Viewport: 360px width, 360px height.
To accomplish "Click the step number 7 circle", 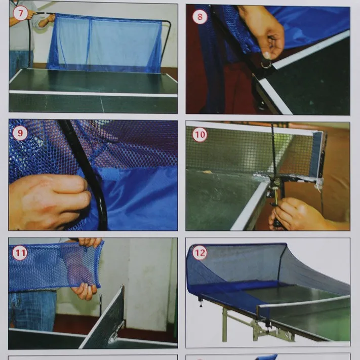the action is point(20,13).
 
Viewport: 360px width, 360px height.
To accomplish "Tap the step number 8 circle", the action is point(200,17).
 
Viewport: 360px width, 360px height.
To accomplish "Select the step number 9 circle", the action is point(20,133).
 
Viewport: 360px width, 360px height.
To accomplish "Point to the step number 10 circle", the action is point(200,134).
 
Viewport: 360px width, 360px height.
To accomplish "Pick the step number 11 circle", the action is point(20,253).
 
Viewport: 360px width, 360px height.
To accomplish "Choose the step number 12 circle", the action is point(199,253).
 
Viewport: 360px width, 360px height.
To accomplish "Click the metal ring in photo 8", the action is point(266,64).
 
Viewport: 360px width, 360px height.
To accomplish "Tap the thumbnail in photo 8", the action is point(267,55).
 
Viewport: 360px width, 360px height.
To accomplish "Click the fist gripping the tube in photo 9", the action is point(49,202).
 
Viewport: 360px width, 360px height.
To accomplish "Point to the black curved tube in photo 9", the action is point(87,170).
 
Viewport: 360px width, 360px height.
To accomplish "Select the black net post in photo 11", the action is point(100,305).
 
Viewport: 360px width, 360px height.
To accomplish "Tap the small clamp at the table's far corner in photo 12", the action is point(201,302).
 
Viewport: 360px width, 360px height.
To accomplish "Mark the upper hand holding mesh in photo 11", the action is point(91,242).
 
